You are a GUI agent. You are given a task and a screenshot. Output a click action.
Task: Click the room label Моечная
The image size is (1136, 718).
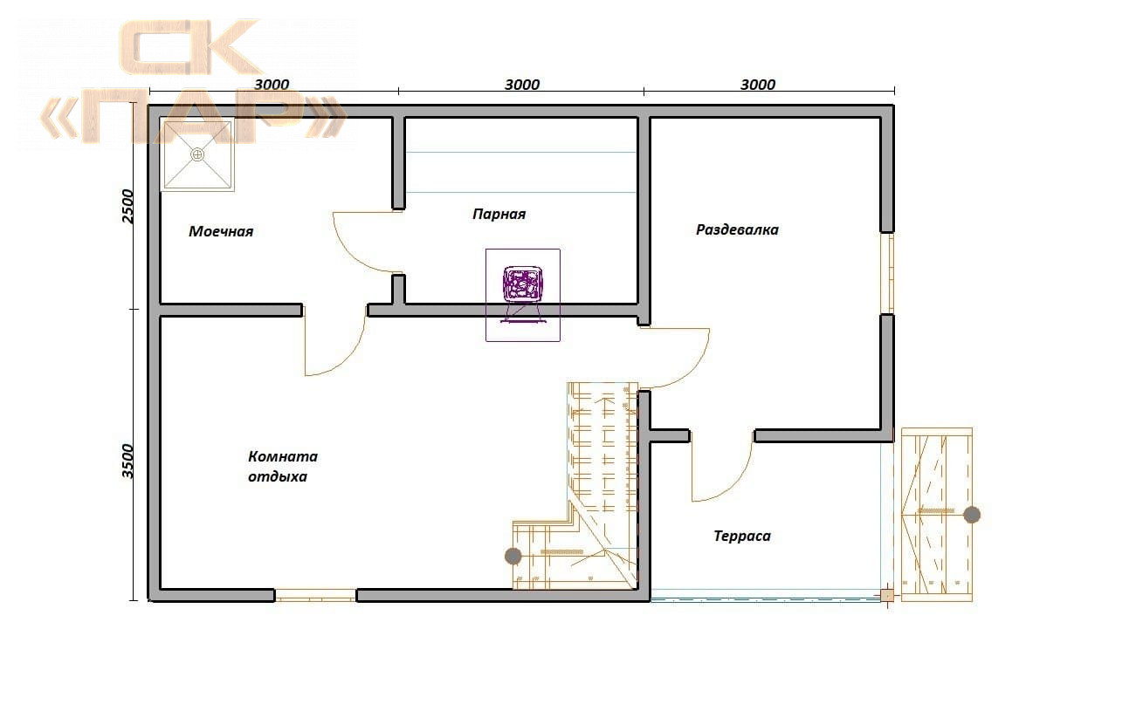[221, 231]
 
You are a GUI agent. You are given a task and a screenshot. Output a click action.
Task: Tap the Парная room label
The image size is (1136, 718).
[499, 215]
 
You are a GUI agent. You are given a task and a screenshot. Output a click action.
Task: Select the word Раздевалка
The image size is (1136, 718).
[737, 230]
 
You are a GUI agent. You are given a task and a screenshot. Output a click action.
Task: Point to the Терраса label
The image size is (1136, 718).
[742, 536]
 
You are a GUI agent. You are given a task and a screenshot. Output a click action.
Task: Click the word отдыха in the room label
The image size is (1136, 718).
[278, 477]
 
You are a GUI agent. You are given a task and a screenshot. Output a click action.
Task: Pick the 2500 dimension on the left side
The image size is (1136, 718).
[127, 206]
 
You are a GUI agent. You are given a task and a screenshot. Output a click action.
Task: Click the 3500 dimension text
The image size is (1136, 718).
[127, 462]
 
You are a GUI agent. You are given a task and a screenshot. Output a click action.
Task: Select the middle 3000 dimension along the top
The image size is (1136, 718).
[522, 85]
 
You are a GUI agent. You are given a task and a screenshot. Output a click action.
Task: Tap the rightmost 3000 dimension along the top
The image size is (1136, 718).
[758, 85]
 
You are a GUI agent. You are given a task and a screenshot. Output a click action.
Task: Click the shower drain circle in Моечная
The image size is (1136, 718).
[198, 154]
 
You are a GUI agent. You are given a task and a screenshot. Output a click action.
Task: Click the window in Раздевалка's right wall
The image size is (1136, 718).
[887, 273]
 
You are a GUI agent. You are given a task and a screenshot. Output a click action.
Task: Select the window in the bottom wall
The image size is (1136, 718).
[315, 595]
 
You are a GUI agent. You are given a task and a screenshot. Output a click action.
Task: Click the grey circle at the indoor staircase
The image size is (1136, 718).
[513, 556]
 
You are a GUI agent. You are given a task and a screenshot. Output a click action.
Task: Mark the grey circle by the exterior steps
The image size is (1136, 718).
[972, 515]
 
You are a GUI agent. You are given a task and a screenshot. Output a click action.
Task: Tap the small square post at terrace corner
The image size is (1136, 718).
[887, 595]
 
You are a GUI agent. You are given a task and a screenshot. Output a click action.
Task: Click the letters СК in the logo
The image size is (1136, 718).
[190, 47]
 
